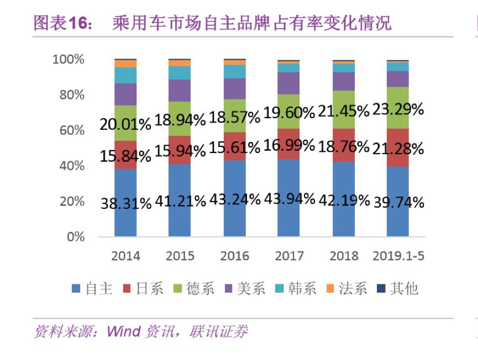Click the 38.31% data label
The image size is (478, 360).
coord(125,204)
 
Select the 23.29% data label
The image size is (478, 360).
coord(398,109)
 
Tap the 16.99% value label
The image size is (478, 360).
coord(289,146)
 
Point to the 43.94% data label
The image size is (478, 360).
coord(289,199)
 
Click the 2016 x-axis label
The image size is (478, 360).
coord(234,256)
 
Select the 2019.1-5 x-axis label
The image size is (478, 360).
coord(398,256)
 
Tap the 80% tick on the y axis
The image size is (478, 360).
coord(69,95)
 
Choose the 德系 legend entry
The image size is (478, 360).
coord(193,288)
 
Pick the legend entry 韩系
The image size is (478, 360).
coord(295,288)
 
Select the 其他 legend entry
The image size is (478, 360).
coord(397,288)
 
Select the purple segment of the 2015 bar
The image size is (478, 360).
coord(180,91)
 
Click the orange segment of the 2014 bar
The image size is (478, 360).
coord(125,63)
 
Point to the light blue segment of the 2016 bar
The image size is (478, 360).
coord(234,71)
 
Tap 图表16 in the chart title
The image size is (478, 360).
coord(62,23)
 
